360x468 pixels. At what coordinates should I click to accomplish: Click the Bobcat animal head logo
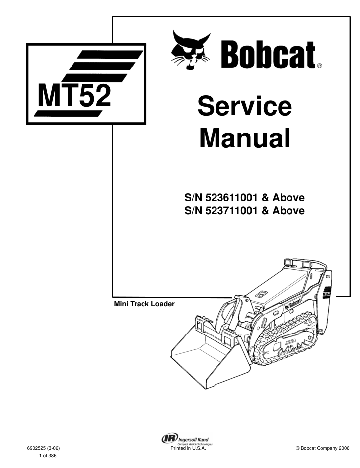pos(191,50)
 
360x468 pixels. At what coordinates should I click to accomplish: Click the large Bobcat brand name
pos(268,55)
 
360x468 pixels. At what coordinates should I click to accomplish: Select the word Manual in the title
pos(244,137)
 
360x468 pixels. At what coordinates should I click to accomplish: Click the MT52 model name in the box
pos(74,95)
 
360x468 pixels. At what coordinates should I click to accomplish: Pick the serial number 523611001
pos(231,198)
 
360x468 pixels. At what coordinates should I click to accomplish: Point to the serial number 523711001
pos(231,211)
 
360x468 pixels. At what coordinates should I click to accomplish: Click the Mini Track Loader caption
pos(144,304)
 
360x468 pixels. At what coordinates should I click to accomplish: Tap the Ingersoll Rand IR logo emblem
pos(170,438)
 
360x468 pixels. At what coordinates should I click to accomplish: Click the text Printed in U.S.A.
pos(188,448)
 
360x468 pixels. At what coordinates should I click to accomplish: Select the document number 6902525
pos(37,448)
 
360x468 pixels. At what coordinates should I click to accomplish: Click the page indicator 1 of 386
pos(48,456)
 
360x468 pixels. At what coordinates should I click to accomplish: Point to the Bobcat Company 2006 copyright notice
pos(322,448)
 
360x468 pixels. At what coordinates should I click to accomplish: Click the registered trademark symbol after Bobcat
pos(319,66)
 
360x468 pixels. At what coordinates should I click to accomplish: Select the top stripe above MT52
pos(110,54)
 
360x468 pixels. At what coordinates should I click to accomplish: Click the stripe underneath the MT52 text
pos(68,114)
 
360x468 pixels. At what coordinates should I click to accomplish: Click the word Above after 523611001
pos(288,198)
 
